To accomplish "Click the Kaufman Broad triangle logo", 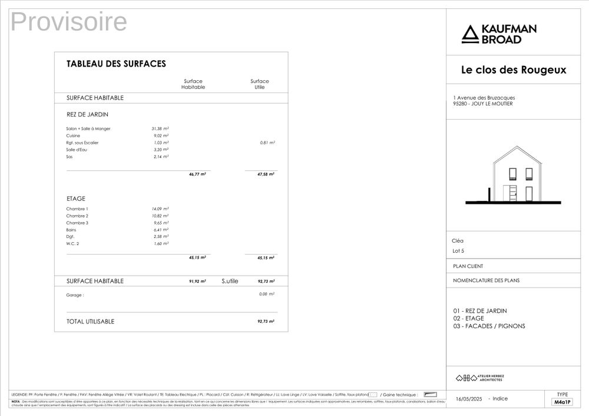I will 469,34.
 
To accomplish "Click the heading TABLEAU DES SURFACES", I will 116,64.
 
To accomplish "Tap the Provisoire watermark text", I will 69,22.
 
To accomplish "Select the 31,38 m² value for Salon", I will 160,128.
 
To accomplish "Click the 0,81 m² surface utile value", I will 267,143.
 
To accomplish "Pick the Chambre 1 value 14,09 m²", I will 160,209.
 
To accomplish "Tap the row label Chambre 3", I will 77,223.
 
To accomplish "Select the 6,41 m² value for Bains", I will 160,230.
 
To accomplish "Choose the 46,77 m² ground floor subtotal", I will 197,174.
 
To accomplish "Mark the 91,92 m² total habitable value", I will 197,282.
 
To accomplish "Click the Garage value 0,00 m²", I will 267,294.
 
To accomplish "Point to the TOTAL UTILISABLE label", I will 90,322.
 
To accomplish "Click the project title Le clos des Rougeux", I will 513,70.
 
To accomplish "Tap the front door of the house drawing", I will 512,193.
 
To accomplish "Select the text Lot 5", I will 458,252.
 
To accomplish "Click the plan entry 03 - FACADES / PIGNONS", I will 489,326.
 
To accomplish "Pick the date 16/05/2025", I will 469,399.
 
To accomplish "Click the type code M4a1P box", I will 562,402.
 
